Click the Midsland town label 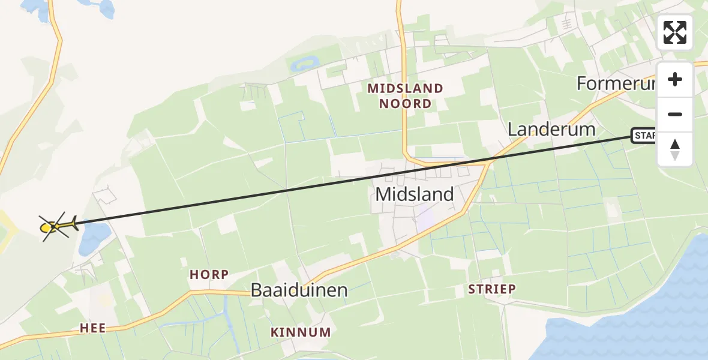(x=415, y=194)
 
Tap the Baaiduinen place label (x=299, y=290)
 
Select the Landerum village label (x=551, y=130)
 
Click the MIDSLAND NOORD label (x=406, y=96)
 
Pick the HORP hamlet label (x=209, y=275)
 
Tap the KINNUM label (x=301, y=332)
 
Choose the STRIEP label (x=492, y=289)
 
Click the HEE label (x=93, y=328)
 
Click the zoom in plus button (x=675, y=79)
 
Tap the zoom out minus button (x=675, y=114)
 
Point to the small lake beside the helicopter (x=95, y=237)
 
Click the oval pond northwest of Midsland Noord (x=304, y=63)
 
